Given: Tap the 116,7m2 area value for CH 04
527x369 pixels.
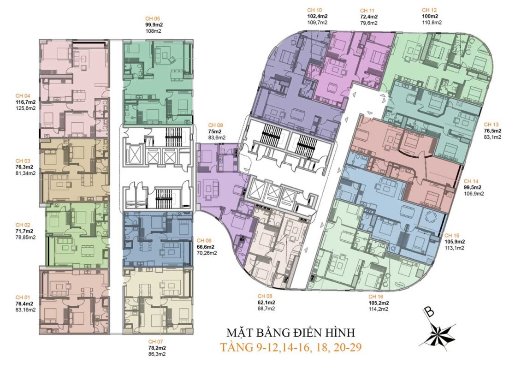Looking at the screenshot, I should (x=26, y=102).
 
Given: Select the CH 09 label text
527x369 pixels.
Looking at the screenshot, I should (x=216, y=125).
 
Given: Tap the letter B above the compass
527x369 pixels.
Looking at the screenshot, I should (x=429, y=312).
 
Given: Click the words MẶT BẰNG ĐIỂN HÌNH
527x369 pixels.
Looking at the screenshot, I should (x=291, y=333).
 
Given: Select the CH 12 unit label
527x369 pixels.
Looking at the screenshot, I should (x=429, y=10).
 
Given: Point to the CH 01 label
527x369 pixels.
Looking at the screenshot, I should (x=23, y=297).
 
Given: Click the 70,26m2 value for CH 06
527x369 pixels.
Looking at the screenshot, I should (x=207, y=253).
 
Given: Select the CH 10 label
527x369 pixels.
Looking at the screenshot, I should (x=314, y=10).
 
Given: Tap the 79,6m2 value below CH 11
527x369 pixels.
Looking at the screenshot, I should (x=369, y=23).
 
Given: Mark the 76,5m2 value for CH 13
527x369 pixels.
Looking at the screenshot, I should (x=492, y=131).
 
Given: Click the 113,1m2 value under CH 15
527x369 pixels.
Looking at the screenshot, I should (x=454, y=248).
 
